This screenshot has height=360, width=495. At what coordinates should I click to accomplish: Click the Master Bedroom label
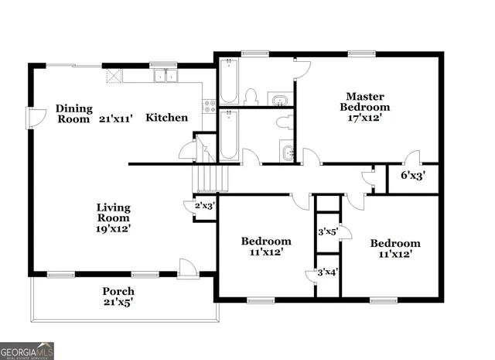coord(367,101)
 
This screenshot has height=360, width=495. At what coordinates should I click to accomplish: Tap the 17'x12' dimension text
coord(367,118)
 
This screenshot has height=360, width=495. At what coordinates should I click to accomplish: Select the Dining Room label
coord(74,114)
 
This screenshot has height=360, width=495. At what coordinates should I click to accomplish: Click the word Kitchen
coord(167,118)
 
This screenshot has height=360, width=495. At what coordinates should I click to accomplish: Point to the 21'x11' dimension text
coord(116,119)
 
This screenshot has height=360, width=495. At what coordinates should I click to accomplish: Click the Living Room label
coord(113,213)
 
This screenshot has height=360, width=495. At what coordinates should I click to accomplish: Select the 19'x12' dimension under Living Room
coord(113,228)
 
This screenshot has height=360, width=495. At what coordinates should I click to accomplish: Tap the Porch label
coord(118,291)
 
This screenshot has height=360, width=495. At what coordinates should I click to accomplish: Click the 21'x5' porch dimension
coord(118,303)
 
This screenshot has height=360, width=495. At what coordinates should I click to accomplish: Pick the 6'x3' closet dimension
coord(412,175)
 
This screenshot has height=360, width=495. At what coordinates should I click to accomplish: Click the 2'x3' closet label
coord(204,206)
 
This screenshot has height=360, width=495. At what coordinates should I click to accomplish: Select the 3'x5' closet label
coord(327,231)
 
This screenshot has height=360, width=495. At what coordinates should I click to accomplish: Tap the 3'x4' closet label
coord(327,272)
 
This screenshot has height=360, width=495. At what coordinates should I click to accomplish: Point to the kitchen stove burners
coord(208,106)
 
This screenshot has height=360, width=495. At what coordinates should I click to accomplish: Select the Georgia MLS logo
coord(27,351)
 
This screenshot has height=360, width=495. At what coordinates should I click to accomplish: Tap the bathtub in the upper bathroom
coord(228,83)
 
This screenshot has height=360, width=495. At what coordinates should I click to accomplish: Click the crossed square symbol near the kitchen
coord(113,75)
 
